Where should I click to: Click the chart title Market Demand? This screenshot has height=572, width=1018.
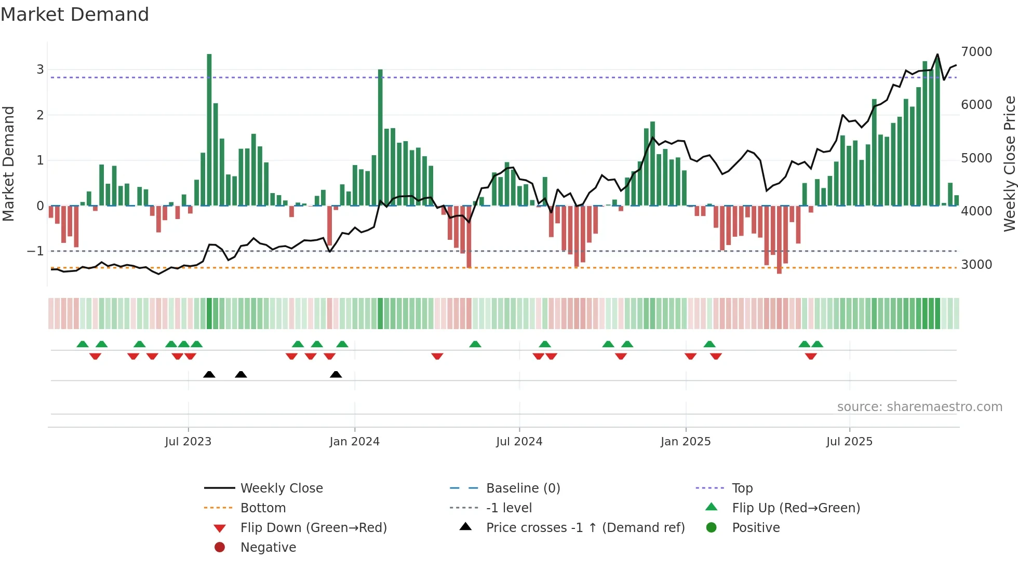(x=75, y=15)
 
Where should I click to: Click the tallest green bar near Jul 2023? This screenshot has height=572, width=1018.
(x=209, y=130)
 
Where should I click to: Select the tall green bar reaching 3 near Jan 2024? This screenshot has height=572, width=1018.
(x=380, y=138)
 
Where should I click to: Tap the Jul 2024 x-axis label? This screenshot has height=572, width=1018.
(x=519, y=442)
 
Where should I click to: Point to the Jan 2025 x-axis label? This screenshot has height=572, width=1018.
(x=686, y=442)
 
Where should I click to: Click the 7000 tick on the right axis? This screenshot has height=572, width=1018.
(x=976, y=52)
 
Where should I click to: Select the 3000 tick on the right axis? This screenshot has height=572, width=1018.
(x=976, y=265)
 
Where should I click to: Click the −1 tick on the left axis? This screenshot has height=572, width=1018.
(x=36, y=251)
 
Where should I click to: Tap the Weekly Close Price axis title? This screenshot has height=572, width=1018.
(x=1009, y=164)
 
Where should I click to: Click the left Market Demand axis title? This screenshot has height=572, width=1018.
(x=9, y=164)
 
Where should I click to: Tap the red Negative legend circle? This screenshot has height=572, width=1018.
(x=220, y=548)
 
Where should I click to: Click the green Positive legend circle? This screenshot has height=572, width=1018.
(x=712, y=528)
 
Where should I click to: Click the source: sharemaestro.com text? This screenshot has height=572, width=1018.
(x=919, y=407)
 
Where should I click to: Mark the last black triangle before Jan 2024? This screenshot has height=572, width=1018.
(x=336, y=375)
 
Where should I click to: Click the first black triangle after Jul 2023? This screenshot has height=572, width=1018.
(x=209, y=375)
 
